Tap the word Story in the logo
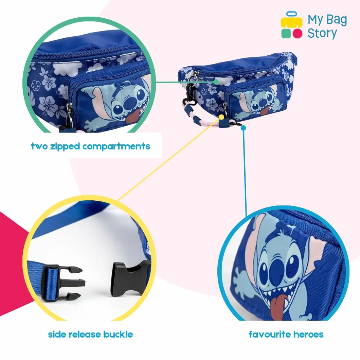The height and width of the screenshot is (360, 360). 322,33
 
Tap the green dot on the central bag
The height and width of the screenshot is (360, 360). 216,81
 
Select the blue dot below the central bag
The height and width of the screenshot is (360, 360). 244,128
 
